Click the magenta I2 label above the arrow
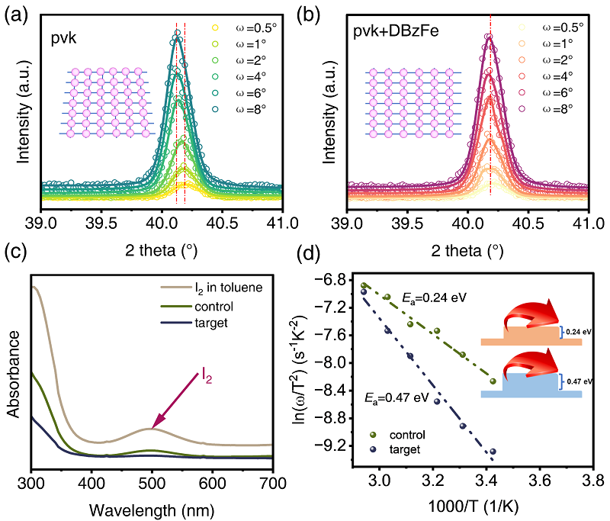click(207, 374)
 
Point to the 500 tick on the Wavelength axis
click(152, 482)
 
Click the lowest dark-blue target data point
click(493, 452)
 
